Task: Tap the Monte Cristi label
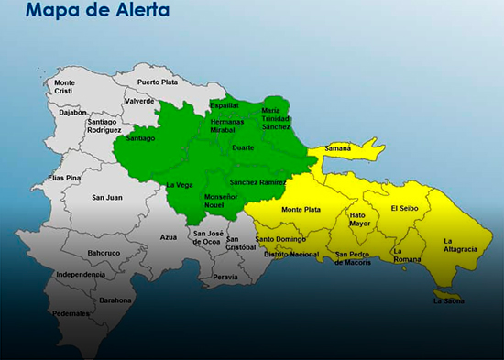click(65, 88)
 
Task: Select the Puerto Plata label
click(158, 82)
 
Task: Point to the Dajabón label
click(73, 112)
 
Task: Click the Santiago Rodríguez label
click(102, 126)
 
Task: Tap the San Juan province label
click(107, 197)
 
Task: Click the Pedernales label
click(71, 313)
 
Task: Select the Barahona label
click(115, 300)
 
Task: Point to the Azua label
click(168, 237)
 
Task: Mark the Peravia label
click(225, 277)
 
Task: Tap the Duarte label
click(243, 147)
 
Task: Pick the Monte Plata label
click(301, 210)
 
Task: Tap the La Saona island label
click(448, 300)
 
